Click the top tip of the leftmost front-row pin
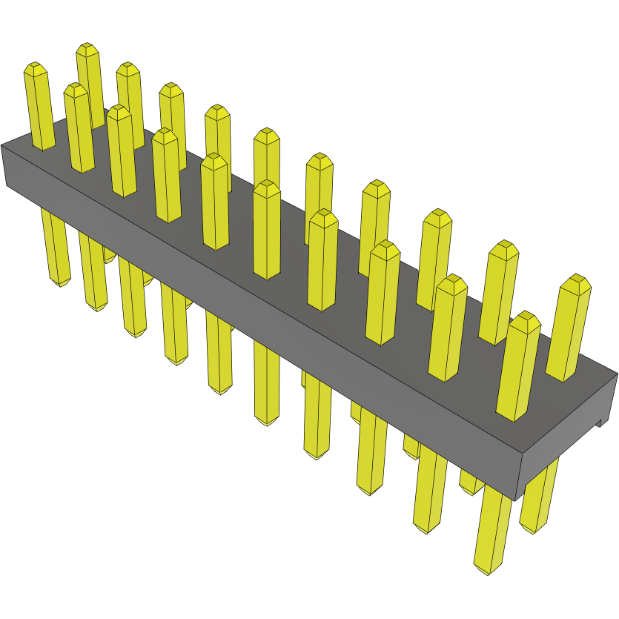pyautogui.click(x=35, y=68)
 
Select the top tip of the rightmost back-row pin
pyautogui.click(x=575, y=281)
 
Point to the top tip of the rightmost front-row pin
pyautogui.click(x=526, y=318)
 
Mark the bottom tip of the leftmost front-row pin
pyautogui.click(x=60, y=283)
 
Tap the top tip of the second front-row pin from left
pyautogui.click(x=75, y=89)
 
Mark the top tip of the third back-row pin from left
pyautogui.click(x=171, y=88)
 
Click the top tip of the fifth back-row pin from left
pyautogui.click(x=267, y=135)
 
